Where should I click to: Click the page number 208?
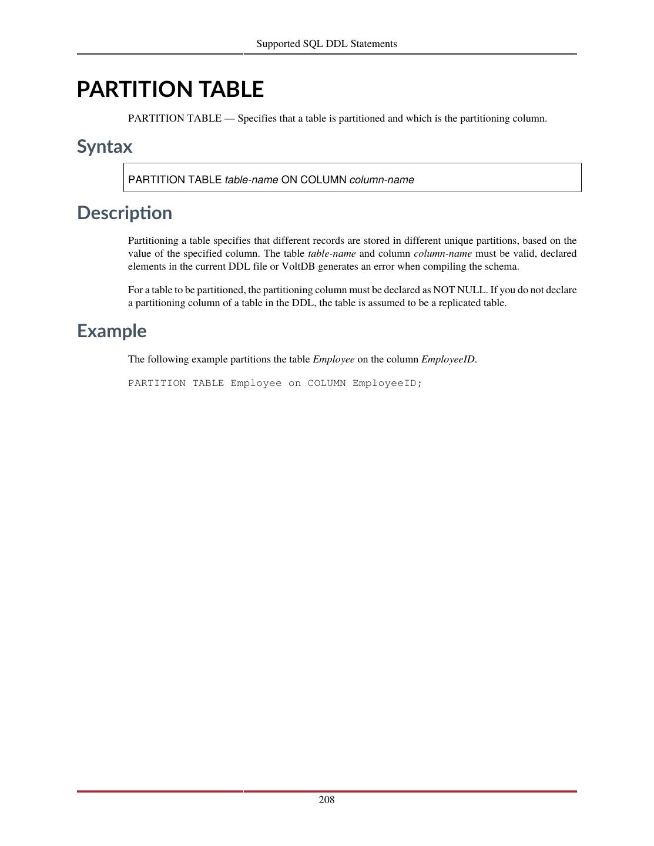coord(327,800)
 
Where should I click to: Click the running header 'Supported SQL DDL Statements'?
coord(327,44)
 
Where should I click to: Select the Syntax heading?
coord(105,147)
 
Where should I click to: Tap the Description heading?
coord(125,213)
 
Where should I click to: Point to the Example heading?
coord(112,331)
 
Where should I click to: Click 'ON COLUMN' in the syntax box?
coord(314,180)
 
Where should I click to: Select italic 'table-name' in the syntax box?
coord(251,180)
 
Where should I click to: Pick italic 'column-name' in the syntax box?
coord(382,180)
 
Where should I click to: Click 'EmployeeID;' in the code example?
coord(387,383)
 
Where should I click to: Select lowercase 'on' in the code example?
coord(294,383)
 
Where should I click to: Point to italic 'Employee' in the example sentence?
coord(334,360)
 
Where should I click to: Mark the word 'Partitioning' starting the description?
coord(153,241)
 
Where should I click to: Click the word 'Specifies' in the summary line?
coord(257,119)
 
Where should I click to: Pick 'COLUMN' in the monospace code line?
coord(327,383)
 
